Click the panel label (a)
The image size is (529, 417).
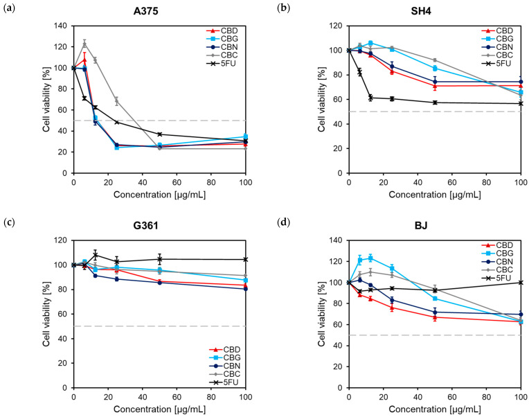(8, 8)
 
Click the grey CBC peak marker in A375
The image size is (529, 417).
(85, 44)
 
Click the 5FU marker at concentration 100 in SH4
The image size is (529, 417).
(520, 103)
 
